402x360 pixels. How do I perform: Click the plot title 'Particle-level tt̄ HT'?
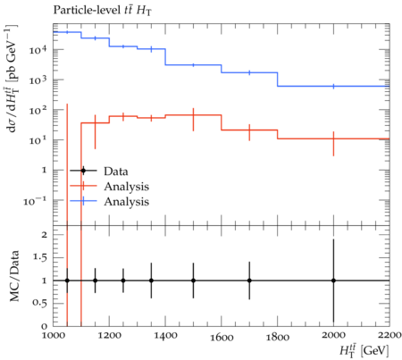103,11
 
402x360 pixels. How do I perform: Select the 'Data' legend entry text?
116,172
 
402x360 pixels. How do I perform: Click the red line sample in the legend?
83,186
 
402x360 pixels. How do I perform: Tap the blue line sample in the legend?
83,201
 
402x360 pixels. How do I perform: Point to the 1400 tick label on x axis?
165,336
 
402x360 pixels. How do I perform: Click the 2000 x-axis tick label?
333,335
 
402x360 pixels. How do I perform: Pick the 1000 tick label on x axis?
53,335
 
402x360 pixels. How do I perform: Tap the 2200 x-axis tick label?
389,335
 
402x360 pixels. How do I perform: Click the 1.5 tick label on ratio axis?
40,257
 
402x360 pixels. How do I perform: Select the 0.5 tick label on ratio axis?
40,303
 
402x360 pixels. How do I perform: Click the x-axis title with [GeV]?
364,350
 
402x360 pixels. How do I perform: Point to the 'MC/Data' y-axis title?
14,276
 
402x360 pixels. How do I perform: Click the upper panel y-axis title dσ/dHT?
12,79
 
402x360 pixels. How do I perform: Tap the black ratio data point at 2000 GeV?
333,280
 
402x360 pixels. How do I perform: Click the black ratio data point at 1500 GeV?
193,280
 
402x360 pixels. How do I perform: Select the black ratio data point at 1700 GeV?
249,280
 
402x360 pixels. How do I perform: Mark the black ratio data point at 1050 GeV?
67,280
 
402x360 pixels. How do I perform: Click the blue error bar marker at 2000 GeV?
333,87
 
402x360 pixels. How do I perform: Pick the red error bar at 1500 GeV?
193,120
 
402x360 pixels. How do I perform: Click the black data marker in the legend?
83,171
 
